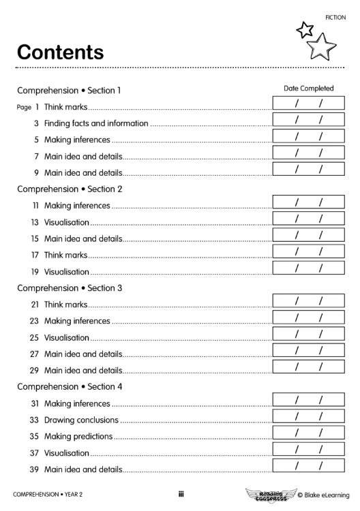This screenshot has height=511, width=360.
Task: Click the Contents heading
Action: tap(60, 52)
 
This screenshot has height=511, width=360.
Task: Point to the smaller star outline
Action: tap(305, 29)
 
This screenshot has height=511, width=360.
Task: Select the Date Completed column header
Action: tap(308, 89)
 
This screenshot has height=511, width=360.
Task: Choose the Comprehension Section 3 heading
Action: tap(70, 288)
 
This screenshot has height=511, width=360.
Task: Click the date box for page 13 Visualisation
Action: tap(308, 219)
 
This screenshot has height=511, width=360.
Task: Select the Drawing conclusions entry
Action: tap(81, 420)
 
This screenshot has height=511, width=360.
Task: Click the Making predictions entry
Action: tap(78, 436)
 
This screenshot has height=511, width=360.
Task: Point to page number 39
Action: tap(34, 469)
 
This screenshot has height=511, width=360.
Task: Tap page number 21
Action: tap(34, 305)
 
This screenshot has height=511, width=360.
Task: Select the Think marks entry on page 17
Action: tap(66, 255)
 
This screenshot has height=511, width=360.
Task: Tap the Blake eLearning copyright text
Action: tap(323, 495)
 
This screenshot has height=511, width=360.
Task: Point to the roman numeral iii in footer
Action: tap(181, 495)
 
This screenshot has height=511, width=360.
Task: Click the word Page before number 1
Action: tap(24, 107)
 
